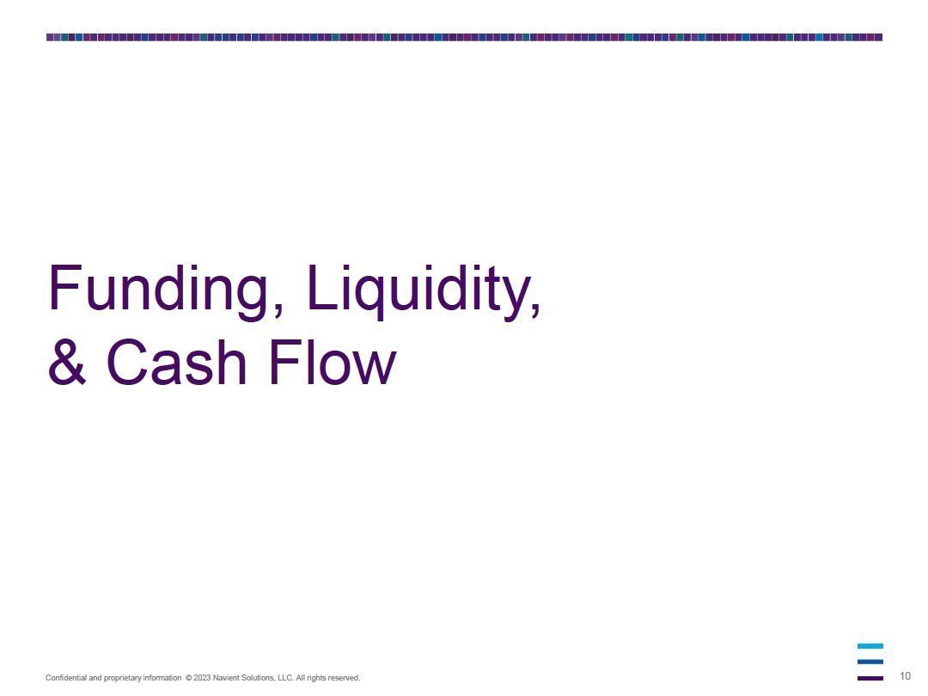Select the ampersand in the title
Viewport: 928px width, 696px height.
coord(67,363)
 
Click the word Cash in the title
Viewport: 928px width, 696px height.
coord(176,363)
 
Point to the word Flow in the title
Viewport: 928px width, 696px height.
coord(332,363)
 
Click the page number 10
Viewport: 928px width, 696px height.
coord(905,676)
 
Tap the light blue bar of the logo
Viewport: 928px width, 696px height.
coord(870,646)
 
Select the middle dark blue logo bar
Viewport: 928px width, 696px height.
coord(870,662)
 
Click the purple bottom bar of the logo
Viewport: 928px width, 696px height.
coord(870,678)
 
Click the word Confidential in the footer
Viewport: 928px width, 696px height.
coord(65,678)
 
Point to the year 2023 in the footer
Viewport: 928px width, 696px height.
coord(202,678)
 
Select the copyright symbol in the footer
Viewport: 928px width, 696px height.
coord(189,678)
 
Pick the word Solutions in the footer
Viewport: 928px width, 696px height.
coord(258,678)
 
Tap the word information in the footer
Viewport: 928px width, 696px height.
coord(162,678)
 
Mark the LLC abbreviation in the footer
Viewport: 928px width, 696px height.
coord(285,678)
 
